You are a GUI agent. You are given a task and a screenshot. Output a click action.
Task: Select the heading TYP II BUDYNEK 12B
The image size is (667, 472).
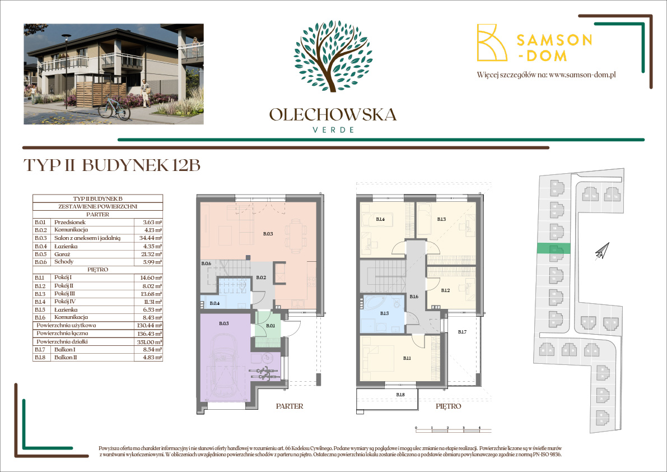pyautogui.click(x=112, y=165)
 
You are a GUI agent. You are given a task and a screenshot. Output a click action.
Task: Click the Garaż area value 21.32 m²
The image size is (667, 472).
pyautogui.click(x=152, y=253)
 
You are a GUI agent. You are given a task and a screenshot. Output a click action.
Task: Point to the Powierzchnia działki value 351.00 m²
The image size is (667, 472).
pyautogui.click(x=151, y=341)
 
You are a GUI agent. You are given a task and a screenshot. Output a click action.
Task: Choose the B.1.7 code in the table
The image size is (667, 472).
pyautogui.click(x=40, y=349)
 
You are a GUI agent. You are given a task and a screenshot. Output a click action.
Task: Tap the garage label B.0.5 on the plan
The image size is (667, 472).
pyautogui.click(x=224, y=323)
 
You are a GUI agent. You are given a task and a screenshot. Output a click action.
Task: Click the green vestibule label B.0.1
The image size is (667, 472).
pyautogui.click(x=270, y=325)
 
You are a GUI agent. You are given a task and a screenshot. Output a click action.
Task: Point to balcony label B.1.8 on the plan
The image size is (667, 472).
pyautogui.click(x=400, y=395)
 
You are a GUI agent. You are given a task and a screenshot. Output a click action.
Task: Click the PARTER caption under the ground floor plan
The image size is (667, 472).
pyautogui.click(x=290, y=406)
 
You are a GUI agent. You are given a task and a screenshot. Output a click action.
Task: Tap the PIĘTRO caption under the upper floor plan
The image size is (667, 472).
pyautogui.click(x=448, y=406)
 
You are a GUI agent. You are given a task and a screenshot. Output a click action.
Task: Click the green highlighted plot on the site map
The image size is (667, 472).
pyautogui.click(x=553, y=249)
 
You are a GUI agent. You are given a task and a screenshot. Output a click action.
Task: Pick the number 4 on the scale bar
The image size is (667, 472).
pyautogui.click(x=480, y=428)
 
